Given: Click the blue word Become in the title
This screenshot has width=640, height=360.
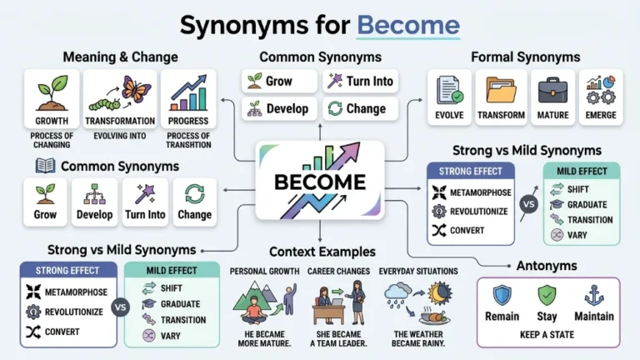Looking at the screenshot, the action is point(408,25).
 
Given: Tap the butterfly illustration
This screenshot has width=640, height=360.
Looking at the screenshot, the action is point(136,89).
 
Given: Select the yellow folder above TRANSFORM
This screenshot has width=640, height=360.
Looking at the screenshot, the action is point(501,90).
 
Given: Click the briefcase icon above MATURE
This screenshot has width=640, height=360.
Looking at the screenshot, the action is point(552,91).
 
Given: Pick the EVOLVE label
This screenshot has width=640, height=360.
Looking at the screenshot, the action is point(449,115).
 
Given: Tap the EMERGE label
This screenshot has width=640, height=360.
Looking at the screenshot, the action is point(600,115).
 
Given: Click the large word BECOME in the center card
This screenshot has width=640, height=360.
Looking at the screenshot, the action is point(320,182).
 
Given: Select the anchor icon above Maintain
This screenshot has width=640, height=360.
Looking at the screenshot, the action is point(594,296).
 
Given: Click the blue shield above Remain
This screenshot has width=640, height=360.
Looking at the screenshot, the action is point(502,296).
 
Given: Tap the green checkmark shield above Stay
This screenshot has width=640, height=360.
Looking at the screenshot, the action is point(547,296).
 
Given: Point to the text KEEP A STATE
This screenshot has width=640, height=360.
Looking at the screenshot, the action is point(547,335).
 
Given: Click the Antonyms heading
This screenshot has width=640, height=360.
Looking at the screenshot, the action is point(547,266).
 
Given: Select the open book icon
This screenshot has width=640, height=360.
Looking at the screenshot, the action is point(45,166).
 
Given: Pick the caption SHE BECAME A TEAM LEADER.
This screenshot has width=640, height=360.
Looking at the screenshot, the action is point(338,339).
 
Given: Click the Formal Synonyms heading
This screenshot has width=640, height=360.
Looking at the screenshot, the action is point(525,57).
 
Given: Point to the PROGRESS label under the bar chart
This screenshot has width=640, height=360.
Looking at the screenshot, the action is point(188,121).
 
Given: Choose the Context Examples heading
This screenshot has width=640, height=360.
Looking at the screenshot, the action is point(322,252).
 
